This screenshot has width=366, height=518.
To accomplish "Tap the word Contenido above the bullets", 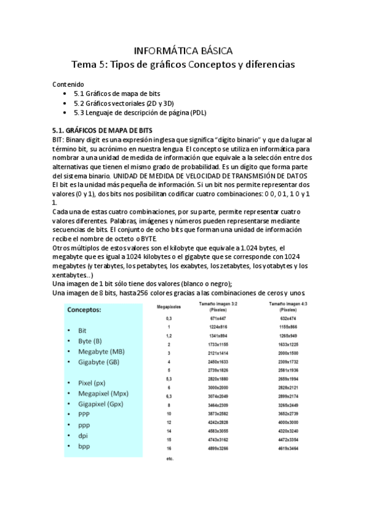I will point(68,84).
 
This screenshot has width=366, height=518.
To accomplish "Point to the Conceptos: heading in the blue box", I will point(84,310).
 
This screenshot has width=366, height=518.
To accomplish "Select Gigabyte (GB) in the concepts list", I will point(98,362).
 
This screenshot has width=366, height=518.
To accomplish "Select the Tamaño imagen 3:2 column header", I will point(218,307).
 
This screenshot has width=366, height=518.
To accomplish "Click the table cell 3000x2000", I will point(218,388).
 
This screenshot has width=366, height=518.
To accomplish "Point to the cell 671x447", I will point(218,319).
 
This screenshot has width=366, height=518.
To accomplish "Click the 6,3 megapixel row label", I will point(168,396).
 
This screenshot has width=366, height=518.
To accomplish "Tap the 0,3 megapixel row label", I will point(168,319).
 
